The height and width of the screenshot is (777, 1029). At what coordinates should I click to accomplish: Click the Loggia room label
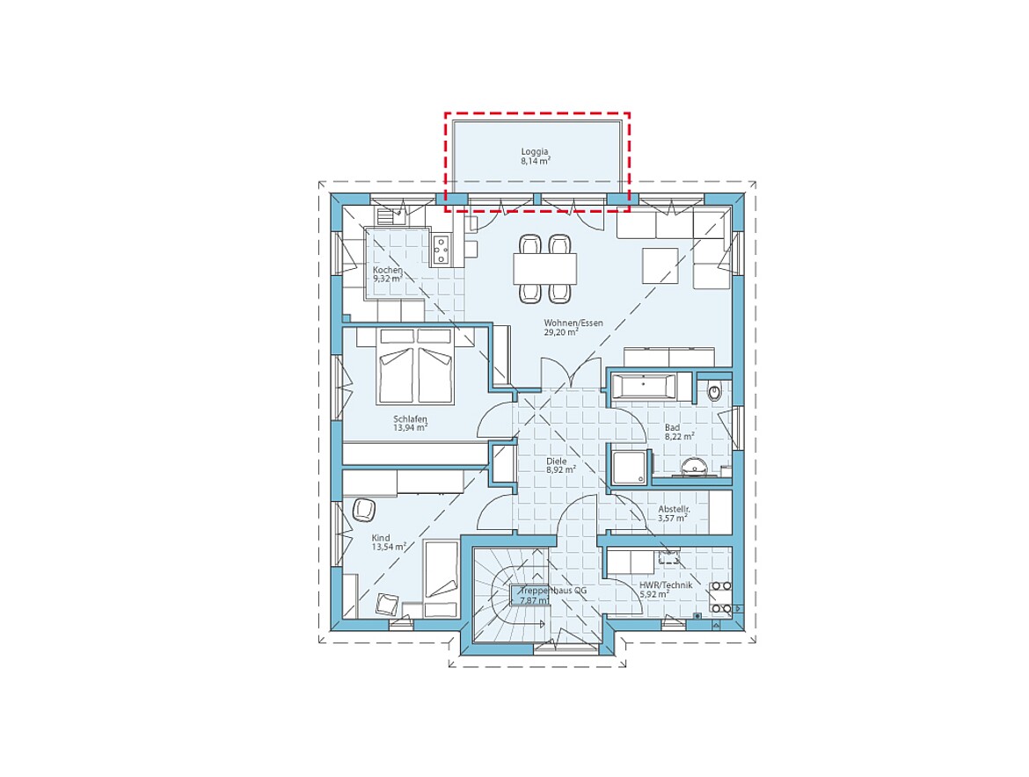[534, 152]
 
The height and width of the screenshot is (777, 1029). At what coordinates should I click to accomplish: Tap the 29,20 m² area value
[561, 332]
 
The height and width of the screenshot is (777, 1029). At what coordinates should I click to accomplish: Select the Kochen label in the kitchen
[387, 270]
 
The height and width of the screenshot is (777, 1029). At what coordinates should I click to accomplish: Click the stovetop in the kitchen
[441, 250]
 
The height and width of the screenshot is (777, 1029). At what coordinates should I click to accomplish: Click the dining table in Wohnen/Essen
[544, 269]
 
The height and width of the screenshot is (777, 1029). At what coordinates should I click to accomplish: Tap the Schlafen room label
[410, 419]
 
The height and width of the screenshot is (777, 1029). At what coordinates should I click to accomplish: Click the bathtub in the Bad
[643, 386]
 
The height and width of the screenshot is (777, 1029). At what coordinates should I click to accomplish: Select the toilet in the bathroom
[714, 391]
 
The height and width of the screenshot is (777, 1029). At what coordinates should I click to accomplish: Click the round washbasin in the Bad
[693, 466]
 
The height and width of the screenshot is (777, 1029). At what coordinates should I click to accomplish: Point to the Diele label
[557, 461]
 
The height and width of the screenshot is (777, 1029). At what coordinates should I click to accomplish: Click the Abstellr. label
[674, 510]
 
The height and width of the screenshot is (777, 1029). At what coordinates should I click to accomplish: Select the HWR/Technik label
[666, 585]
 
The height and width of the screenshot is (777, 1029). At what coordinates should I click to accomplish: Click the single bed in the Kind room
[441, 579]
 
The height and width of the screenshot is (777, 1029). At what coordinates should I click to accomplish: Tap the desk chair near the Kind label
[363, 510]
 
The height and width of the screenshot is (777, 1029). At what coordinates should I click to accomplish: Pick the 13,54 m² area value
[389, 547]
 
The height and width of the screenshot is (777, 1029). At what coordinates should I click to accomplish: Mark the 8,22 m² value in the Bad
[679, 436]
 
